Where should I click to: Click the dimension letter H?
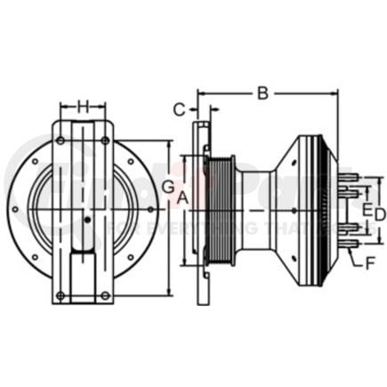click(83, 107)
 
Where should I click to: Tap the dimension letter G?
click(166, 188)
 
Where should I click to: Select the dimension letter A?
click(182, 198)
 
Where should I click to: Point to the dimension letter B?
click(262, 92)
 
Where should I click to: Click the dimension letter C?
click(179, 110)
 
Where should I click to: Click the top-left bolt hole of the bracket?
click(60, 140)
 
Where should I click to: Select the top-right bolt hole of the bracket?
click(106, 140)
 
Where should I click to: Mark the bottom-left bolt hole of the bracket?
click(60, 294)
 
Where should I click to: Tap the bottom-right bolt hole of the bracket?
click(106, 294)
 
